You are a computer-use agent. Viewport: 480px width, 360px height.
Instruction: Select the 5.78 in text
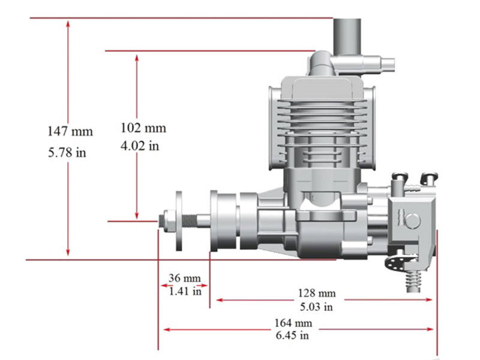click(67, 152)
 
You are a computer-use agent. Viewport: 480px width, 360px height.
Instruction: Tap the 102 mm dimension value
click(143, 128)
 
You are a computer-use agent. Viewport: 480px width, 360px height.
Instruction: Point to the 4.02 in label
click(140, 145)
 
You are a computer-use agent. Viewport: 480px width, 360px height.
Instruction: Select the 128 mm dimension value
click(317, 293)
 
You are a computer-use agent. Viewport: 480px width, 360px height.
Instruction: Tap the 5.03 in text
click(316, 307)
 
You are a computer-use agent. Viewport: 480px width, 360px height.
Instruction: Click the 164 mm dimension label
click(293, 323)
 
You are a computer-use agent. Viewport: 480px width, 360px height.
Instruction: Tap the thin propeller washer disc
click(179, 221)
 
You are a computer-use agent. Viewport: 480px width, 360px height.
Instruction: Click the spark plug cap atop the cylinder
click(324, 63)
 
